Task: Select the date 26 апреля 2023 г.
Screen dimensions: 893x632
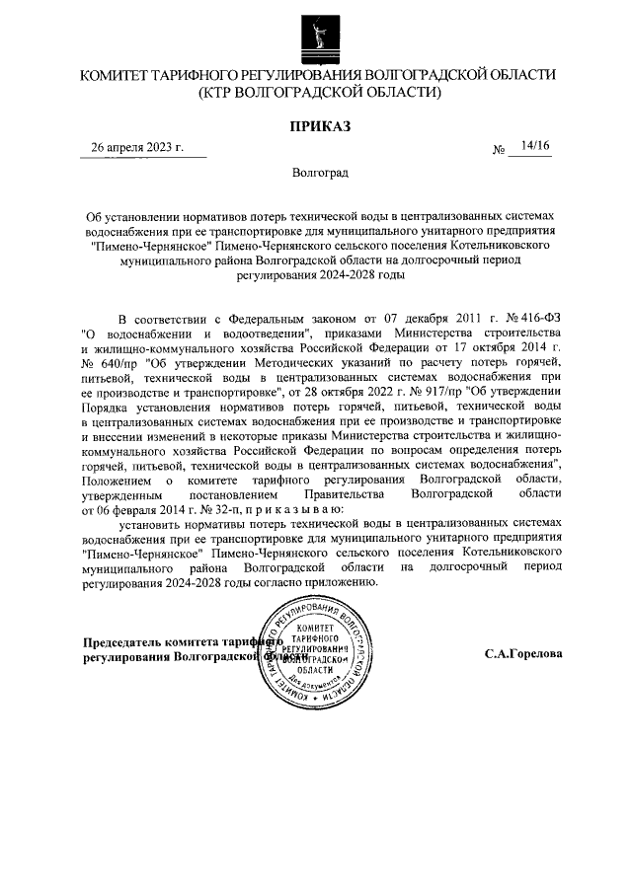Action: click(x=137, y=148)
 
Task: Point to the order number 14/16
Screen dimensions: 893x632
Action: click(x=537, y=146)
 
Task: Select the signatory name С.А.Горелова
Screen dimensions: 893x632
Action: click(x=523, y=653)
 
